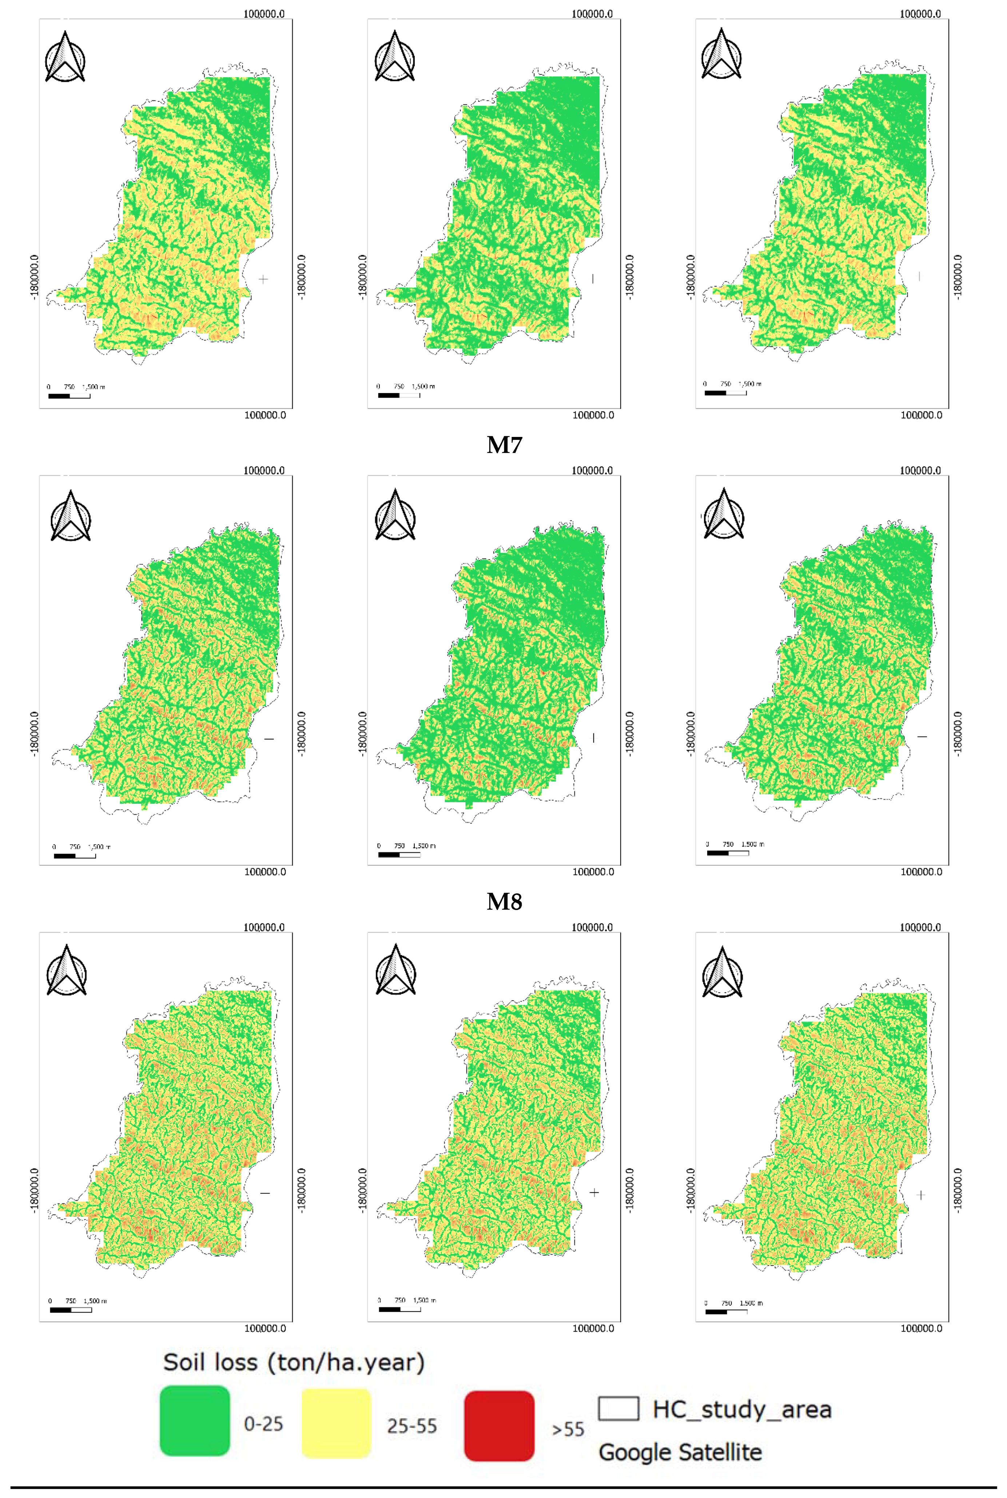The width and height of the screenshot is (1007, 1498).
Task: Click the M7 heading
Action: [504, 445]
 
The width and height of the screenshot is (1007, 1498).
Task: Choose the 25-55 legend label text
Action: [412, 1426]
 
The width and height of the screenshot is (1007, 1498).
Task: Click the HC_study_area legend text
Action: [742, 1409]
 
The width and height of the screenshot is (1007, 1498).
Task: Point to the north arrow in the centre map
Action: [395, 515]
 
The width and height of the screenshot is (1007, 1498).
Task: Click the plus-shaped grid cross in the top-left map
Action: [263, 279]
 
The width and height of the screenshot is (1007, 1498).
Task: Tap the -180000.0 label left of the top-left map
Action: [34, 276]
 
